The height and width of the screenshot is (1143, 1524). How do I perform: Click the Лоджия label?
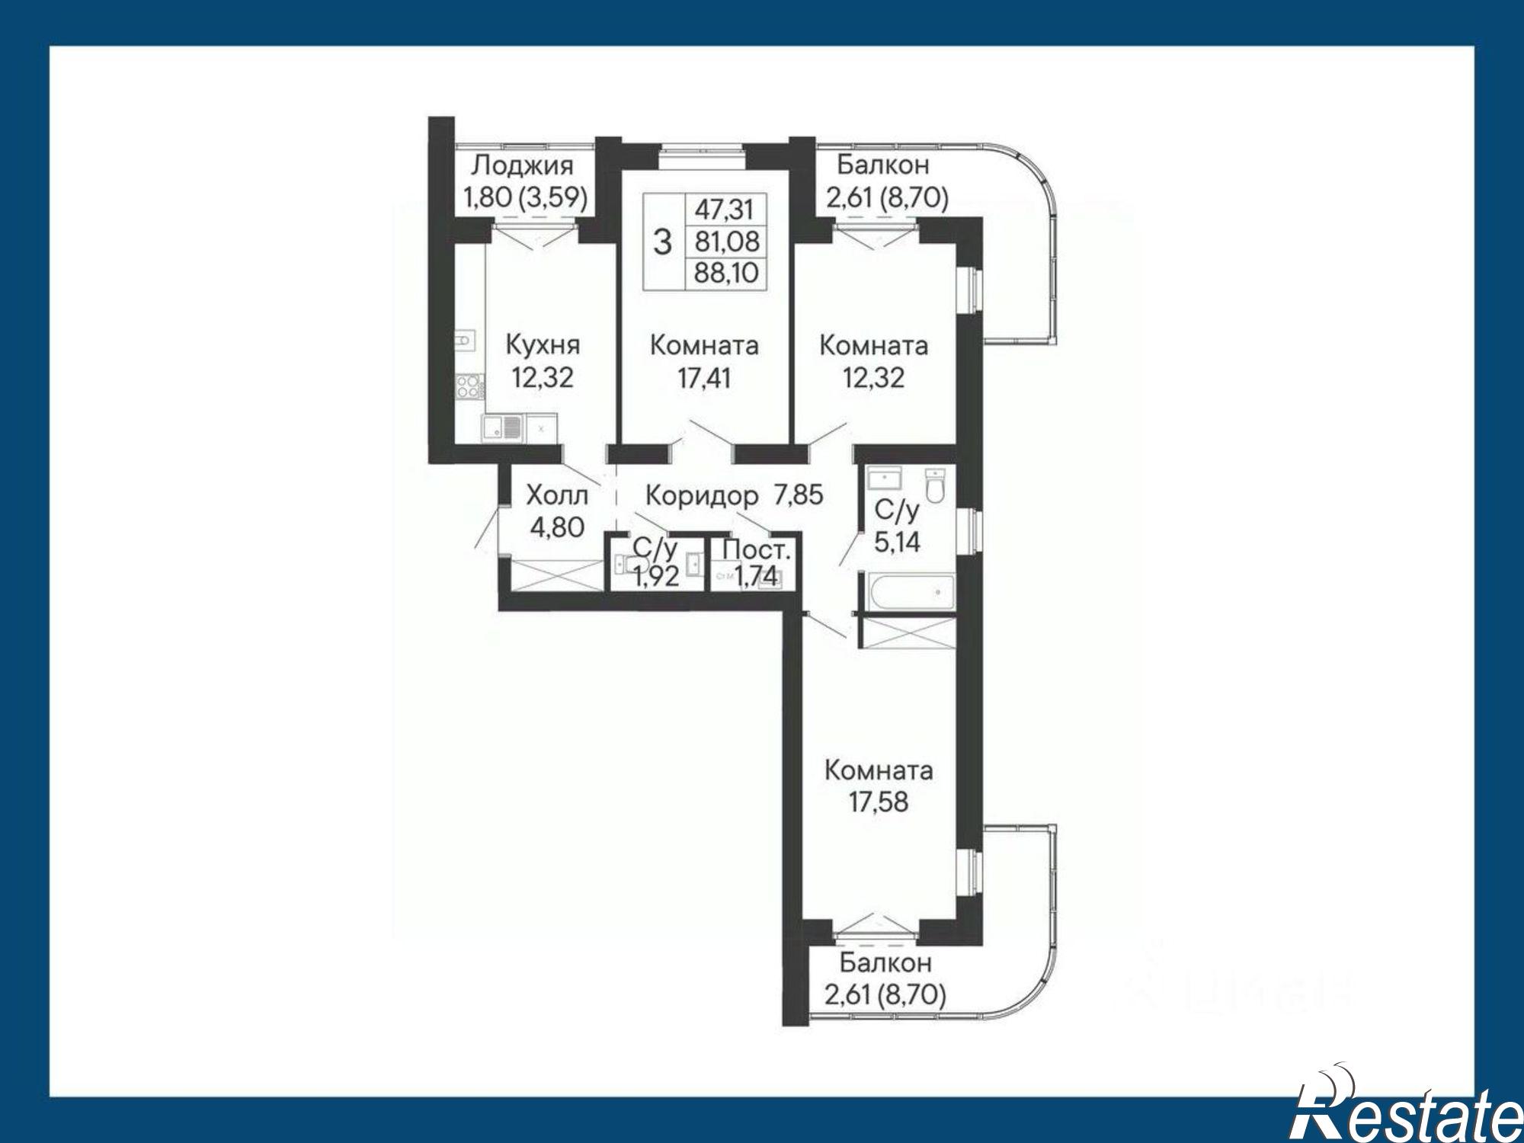(522, 165)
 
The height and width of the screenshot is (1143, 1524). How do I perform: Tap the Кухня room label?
(543, 344)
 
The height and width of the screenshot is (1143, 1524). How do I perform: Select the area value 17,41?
(704, 378)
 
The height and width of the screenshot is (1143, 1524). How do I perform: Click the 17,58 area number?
(879, 802)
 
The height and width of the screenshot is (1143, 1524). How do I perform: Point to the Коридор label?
(702, 496)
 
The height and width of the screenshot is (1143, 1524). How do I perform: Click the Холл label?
(557, 496)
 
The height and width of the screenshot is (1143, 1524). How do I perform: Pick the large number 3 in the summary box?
(664, 242)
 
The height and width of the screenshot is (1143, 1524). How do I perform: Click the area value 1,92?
(655, 576)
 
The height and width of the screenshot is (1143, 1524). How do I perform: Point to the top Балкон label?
(882, 165)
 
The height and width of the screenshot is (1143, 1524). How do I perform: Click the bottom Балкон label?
(885, 963)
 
